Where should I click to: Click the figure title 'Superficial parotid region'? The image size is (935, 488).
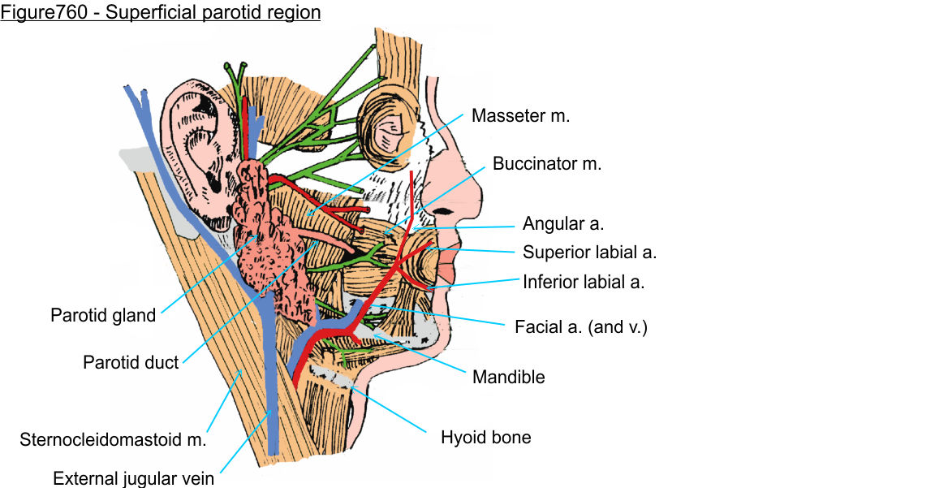pyautogui.click(x=160, y=13)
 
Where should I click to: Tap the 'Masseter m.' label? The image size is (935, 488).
pyautogui.click(x=521, y=116)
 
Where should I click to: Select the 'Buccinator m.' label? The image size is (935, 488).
pyautogui.click(x=547, y=163)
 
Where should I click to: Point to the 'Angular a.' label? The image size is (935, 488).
pyautogui.click(x=563, y=223)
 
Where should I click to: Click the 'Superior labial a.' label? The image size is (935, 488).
pyautogui.click(x=589, y=253)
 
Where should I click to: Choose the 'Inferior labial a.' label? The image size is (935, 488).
pyautogui.click(x=584, y=283)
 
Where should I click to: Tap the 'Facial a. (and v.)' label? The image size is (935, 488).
pyautogui.click(x=581, y=328)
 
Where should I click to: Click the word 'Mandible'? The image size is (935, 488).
pyautogui.click(x=509, y=377)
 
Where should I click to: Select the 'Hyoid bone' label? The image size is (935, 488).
pyautogui.click(x=485, y=438)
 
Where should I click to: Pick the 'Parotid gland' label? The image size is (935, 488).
pyautogui.click(x=103, y=315)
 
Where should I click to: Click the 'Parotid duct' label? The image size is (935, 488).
pyautogui.click(x=131, y=362)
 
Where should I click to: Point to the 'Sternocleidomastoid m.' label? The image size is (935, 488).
pyautogui.click(x=113, y=441)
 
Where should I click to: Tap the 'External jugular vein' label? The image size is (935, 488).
pyautogui.click(x=134, y=478)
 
